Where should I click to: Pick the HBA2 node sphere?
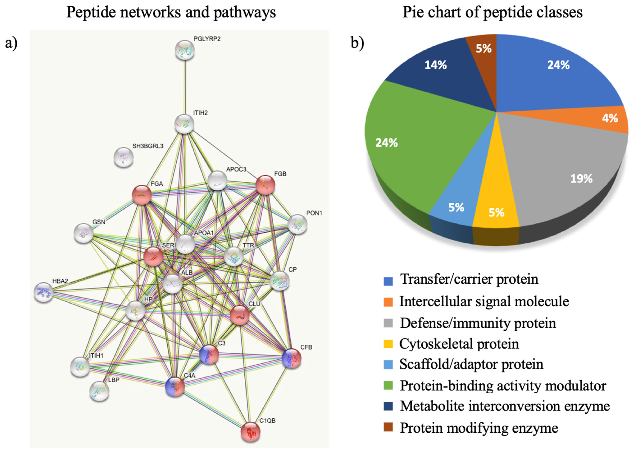click(x=43, y=292)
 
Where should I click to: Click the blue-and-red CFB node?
click(x=292, y=358)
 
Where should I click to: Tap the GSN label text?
click(x=99, y=222)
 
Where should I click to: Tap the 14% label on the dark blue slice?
click(x=435, y=65)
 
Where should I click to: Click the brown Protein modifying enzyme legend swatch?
click(x=388, y=428)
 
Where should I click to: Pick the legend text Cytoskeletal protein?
click(x=459, y=344)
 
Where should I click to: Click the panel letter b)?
click(x=357, y=43)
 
